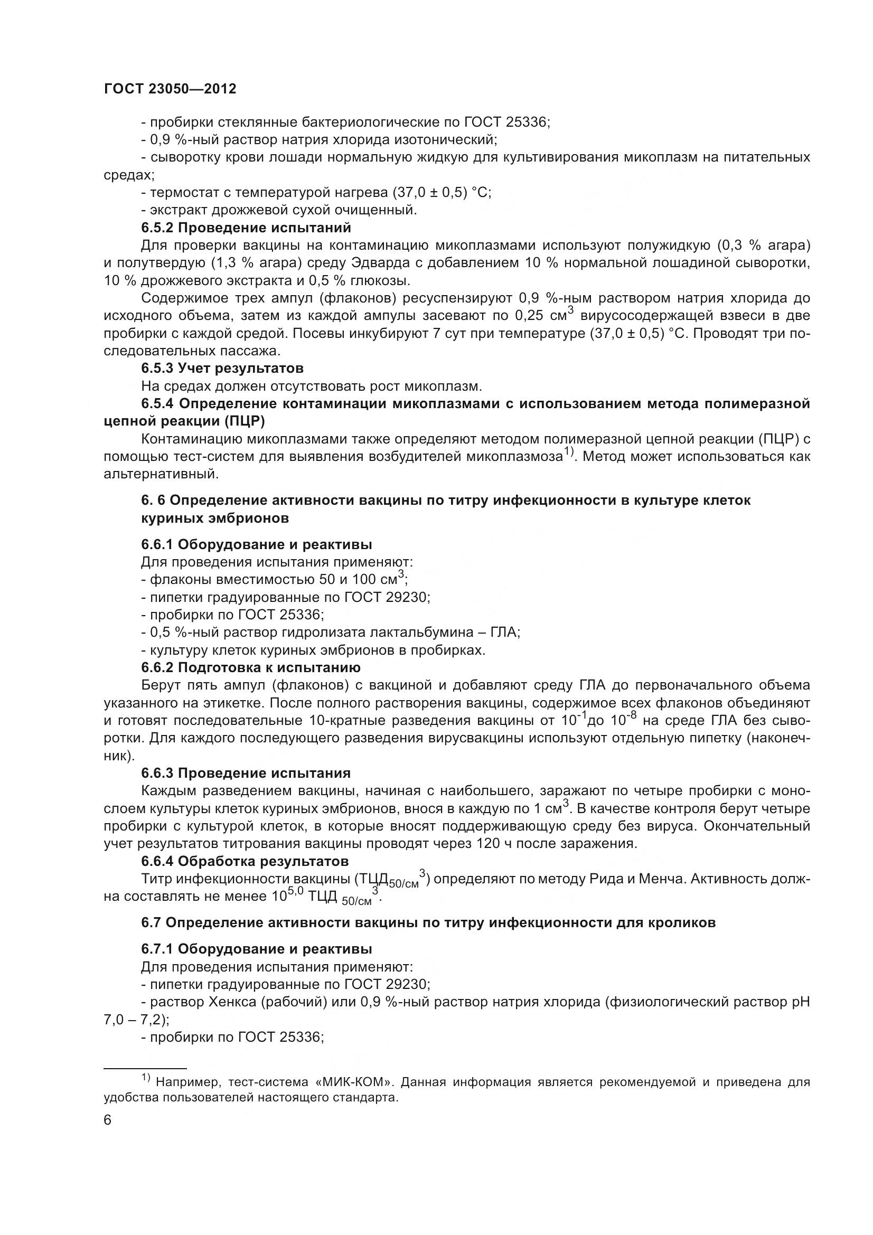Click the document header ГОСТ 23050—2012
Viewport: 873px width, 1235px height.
(170, 89)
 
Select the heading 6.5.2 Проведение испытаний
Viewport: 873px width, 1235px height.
(246, 228)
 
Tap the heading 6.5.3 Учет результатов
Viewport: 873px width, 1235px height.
(222, 369)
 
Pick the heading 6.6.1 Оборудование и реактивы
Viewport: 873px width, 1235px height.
(257, 544)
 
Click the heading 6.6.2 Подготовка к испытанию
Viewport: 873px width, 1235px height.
(251, 667)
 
